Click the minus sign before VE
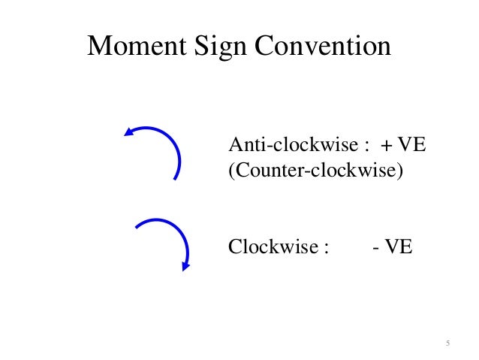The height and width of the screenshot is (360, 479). pyautogui.click(x=375, y=247)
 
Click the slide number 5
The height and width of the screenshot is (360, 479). pyautogui.click(x=447, y=343)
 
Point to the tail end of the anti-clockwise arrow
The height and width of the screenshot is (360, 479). pyautogui.click(x=176, y=178)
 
